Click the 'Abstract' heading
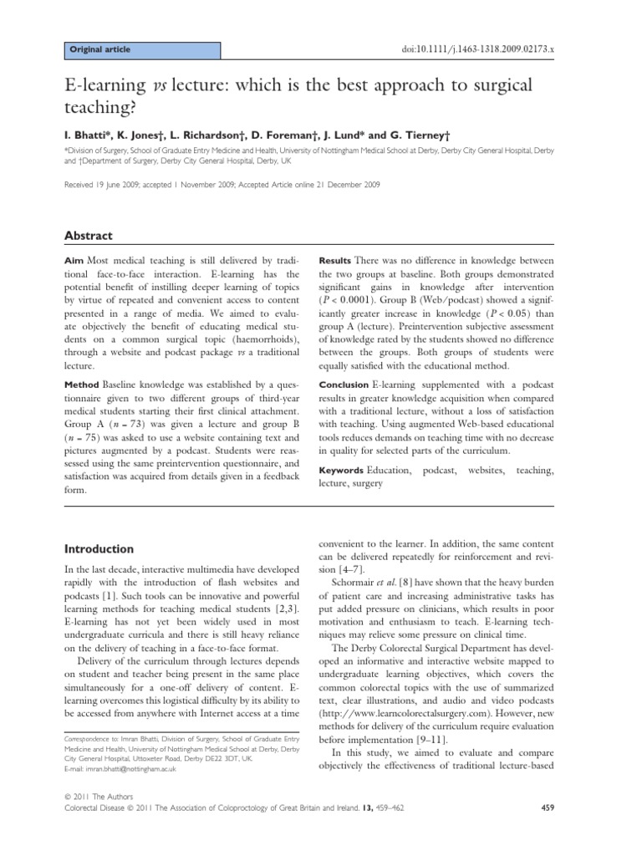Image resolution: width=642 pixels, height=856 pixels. [89, 237]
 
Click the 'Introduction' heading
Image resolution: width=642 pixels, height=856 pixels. [99, 549]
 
